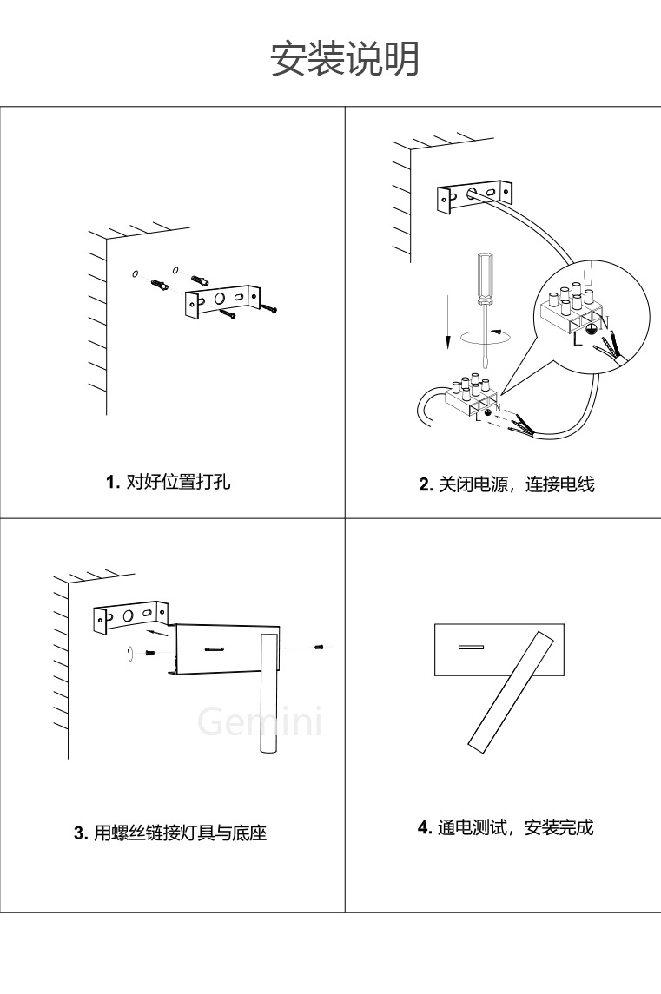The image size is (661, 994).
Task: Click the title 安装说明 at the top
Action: pyautogui.click(x=345, y=59)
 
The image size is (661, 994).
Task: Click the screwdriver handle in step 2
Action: pyautogui.click(x=482, y=277)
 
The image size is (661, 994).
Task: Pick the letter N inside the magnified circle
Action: pyautogui.click(x=605, y=321)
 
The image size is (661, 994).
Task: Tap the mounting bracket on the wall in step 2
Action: pyautogui.click(x=474, y=195)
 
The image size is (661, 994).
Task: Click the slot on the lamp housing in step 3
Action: pyautogui.click(x=215, y=648)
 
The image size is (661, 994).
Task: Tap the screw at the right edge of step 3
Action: pyautogui.click(x=319, y=647)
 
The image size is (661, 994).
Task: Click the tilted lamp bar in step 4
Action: pyautogui.click(x=511, y=691)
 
